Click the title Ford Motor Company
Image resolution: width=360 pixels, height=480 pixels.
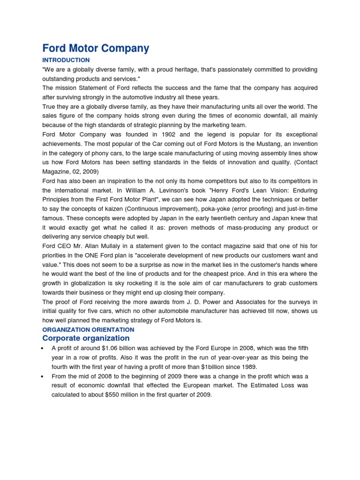tap(96, 48)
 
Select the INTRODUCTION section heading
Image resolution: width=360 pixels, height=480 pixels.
tap(66, 60)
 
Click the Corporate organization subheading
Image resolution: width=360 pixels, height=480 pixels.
tap(86, 338)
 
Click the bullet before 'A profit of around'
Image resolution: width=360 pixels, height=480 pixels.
tap(43, 349)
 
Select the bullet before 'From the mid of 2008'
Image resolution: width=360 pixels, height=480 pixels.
tap(43, 376)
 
